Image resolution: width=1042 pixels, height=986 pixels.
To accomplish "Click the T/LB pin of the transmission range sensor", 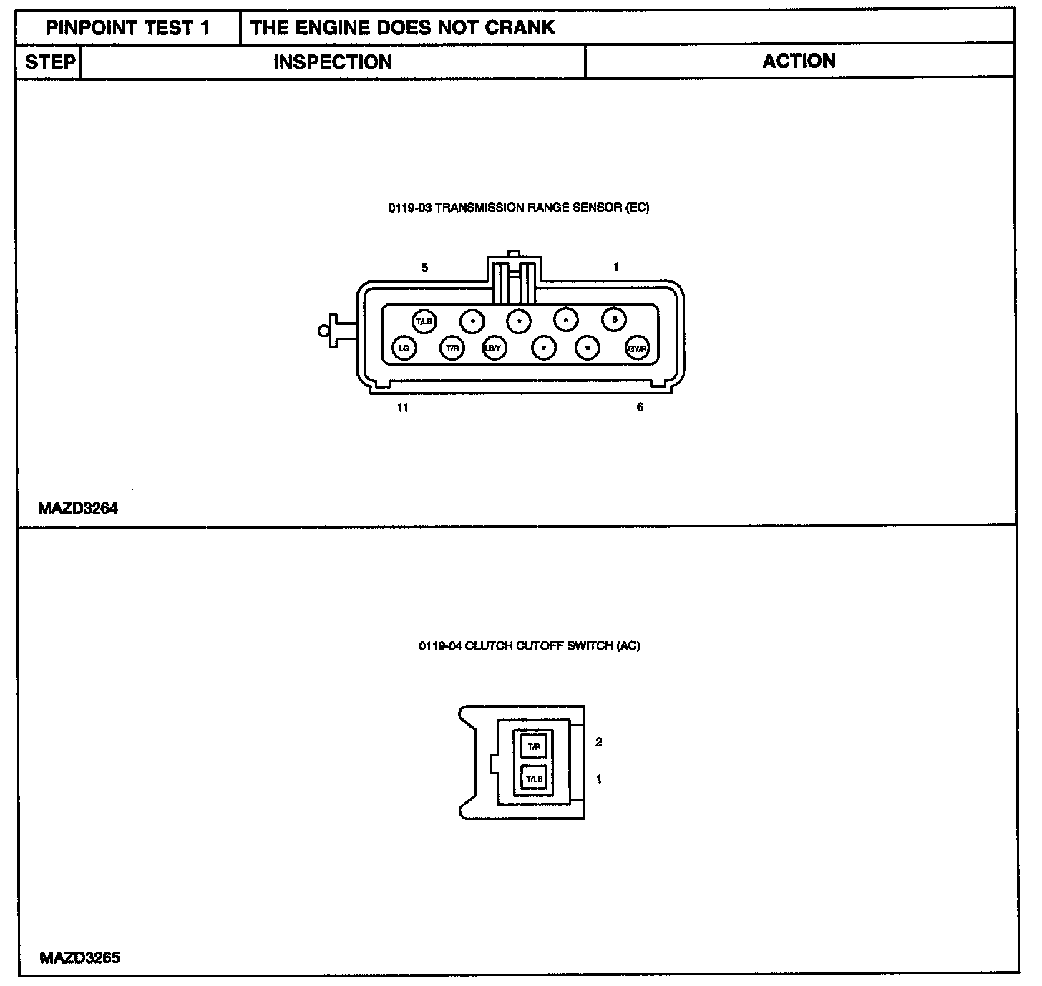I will point(424,321).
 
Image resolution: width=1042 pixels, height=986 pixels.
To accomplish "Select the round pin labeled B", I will point(614,320).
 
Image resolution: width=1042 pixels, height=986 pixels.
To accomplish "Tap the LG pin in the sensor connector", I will point(404,348).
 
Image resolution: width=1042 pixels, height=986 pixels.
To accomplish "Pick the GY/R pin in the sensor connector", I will point(637,349).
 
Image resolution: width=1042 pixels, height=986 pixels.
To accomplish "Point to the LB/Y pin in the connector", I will point(493,348).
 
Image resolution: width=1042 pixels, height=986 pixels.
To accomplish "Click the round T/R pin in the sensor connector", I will point(452,348).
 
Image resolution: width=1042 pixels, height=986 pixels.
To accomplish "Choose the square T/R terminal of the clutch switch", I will point(534,747).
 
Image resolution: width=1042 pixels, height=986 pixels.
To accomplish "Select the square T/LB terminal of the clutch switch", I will point(534,778).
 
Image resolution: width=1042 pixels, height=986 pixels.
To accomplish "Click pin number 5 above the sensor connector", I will point(424,268).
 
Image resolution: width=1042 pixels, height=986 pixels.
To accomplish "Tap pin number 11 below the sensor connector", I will point(403,407).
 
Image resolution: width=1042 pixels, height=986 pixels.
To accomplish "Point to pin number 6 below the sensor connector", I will point(640,407).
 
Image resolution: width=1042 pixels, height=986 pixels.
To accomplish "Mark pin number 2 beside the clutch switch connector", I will point(599,742).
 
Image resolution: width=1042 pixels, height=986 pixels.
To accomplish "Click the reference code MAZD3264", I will point(78,509).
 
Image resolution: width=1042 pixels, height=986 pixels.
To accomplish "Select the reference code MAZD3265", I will point(79,957).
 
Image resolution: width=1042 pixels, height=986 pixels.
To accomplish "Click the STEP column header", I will point(49,62).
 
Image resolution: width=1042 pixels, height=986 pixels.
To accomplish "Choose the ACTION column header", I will point(799,62).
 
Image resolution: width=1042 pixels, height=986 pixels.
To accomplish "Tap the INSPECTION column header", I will point(333,62).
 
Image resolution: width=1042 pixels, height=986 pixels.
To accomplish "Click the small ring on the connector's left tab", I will point(323,330).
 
